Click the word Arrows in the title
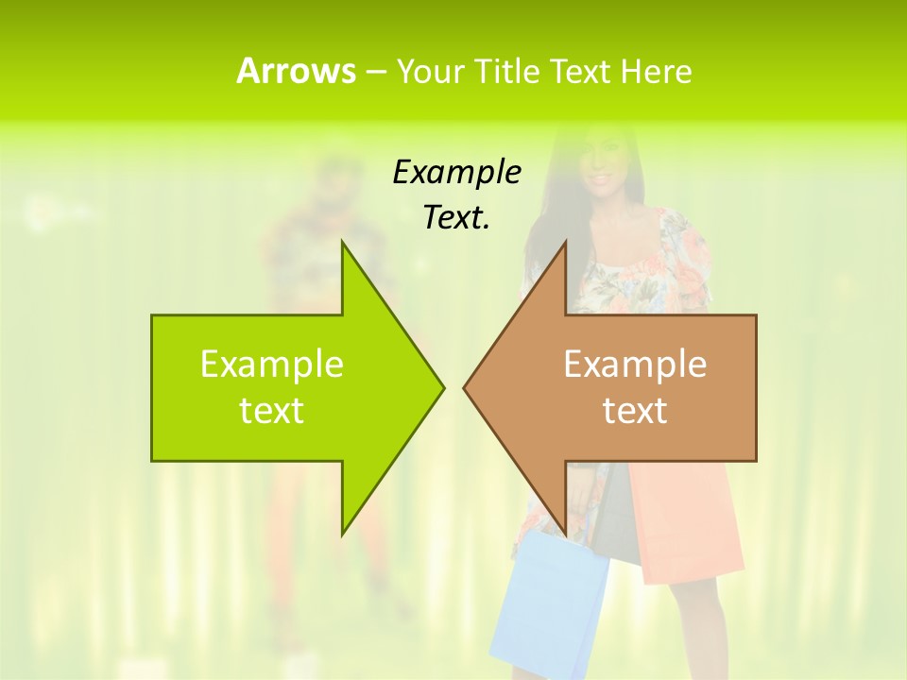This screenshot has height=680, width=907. (x=296, y=71)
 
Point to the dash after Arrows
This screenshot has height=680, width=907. (x=375, y=72)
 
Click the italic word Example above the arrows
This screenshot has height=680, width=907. (x=456, y=172)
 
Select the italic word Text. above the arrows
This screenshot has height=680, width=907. (x=456, y=217)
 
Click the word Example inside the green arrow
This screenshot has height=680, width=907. (x=271, y=364)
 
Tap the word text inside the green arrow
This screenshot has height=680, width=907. (x=271, y=411)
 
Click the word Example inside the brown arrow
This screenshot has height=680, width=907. (x=635, y=364)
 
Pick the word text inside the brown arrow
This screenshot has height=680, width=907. (x=635, y=411)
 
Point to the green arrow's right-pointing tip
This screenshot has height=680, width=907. (x=442, y=387)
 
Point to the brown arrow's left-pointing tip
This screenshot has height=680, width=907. (x=465, y=387)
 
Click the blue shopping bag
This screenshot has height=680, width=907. (x=548, y=604)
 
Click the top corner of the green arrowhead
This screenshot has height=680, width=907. (x=342, y=242)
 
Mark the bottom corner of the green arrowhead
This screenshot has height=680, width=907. (x=342, y=534)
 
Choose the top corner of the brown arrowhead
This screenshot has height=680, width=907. (x=565, y=242)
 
